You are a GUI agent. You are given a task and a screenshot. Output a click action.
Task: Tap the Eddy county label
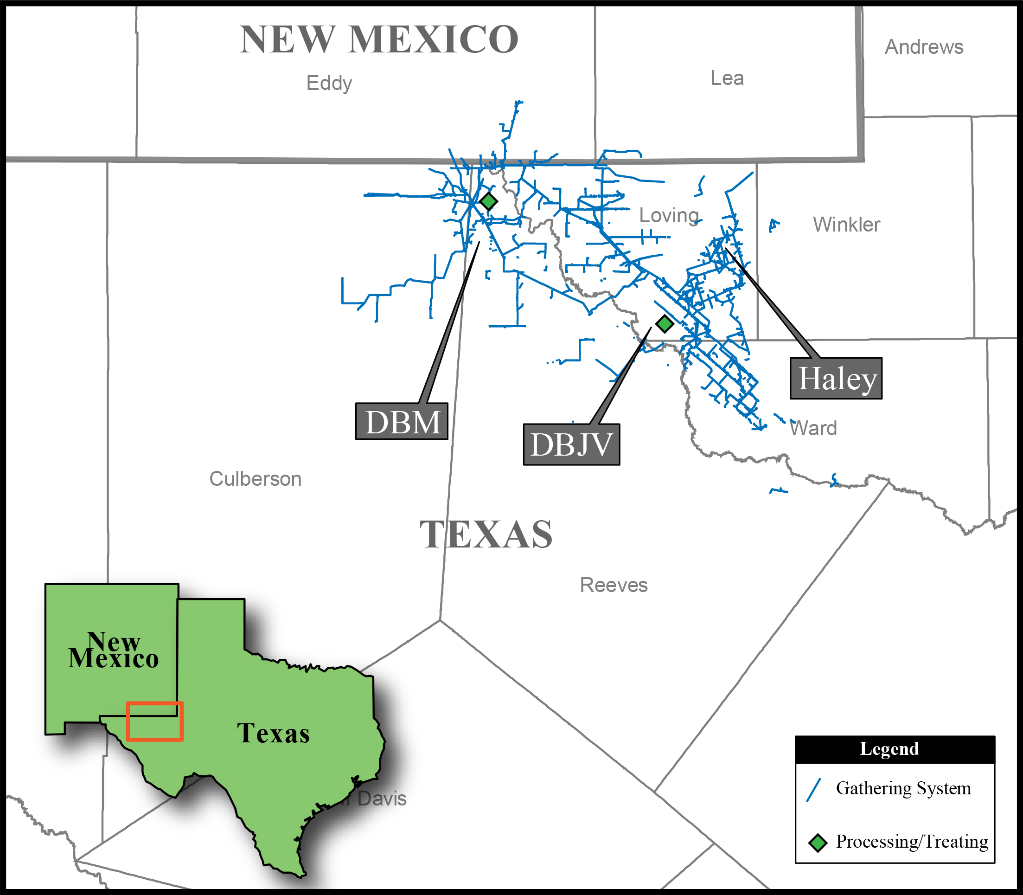329,83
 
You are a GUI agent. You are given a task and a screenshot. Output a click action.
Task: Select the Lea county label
727,78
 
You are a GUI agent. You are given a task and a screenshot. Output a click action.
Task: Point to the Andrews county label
924,47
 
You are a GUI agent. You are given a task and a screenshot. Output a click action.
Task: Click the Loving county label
669,215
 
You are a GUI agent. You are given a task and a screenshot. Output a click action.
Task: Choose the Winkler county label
846,224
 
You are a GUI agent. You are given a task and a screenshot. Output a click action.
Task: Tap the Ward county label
813,428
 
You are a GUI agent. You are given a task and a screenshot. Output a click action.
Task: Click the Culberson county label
255,478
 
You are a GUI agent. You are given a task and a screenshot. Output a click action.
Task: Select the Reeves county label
614,585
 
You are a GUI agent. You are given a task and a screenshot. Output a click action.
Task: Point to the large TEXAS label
486,534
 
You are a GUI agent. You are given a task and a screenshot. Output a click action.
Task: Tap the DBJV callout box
571,444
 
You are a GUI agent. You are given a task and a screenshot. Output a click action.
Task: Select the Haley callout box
836,379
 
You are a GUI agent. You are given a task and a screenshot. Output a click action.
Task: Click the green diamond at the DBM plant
488,201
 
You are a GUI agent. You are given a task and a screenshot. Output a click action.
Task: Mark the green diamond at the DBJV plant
664,324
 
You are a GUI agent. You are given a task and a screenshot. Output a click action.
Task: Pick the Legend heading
889,749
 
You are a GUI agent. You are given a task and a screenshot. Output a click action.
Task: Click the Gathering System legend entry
903,788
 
